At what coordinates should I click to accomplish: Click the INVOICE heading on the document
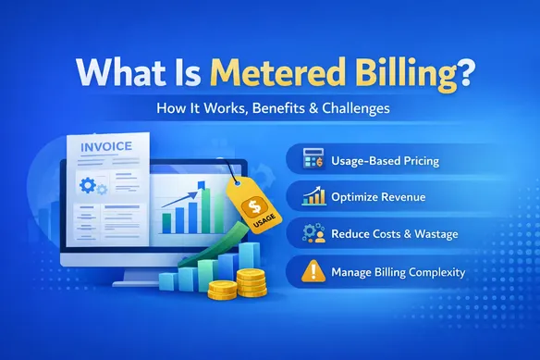(x=104, y=145)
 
